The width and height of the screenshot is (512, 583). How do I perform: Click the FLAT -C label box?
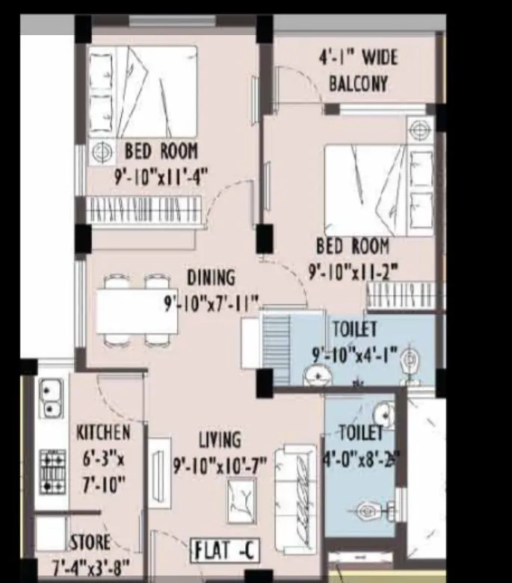(x=226, y=551)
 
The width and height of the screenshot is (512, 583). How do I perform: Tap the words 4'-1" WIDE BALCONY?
(x=359, y=70)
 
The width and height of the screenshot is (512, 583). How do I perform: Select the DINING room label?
(x=210, y=277)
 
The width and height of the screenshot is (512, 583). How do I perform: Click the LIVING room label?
(x=220, y=439)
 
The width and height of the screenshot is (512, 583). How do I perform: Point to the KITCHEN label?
(x=103, y=432)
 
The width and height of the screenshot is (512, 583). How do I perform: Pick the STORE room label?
(x=90, y=542)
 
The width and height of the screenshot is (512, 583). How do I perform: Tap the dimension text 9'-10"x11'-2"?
(x=353, y=271)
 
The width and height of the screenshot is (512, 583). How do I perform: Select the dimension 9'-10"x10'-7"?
(x=220, y=466)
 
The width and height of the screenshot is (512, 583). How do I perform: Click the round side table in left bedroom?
(x=99, y=152)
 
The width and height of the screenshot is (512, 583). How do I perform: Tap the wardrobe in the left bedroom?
(x=146, y=209)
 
